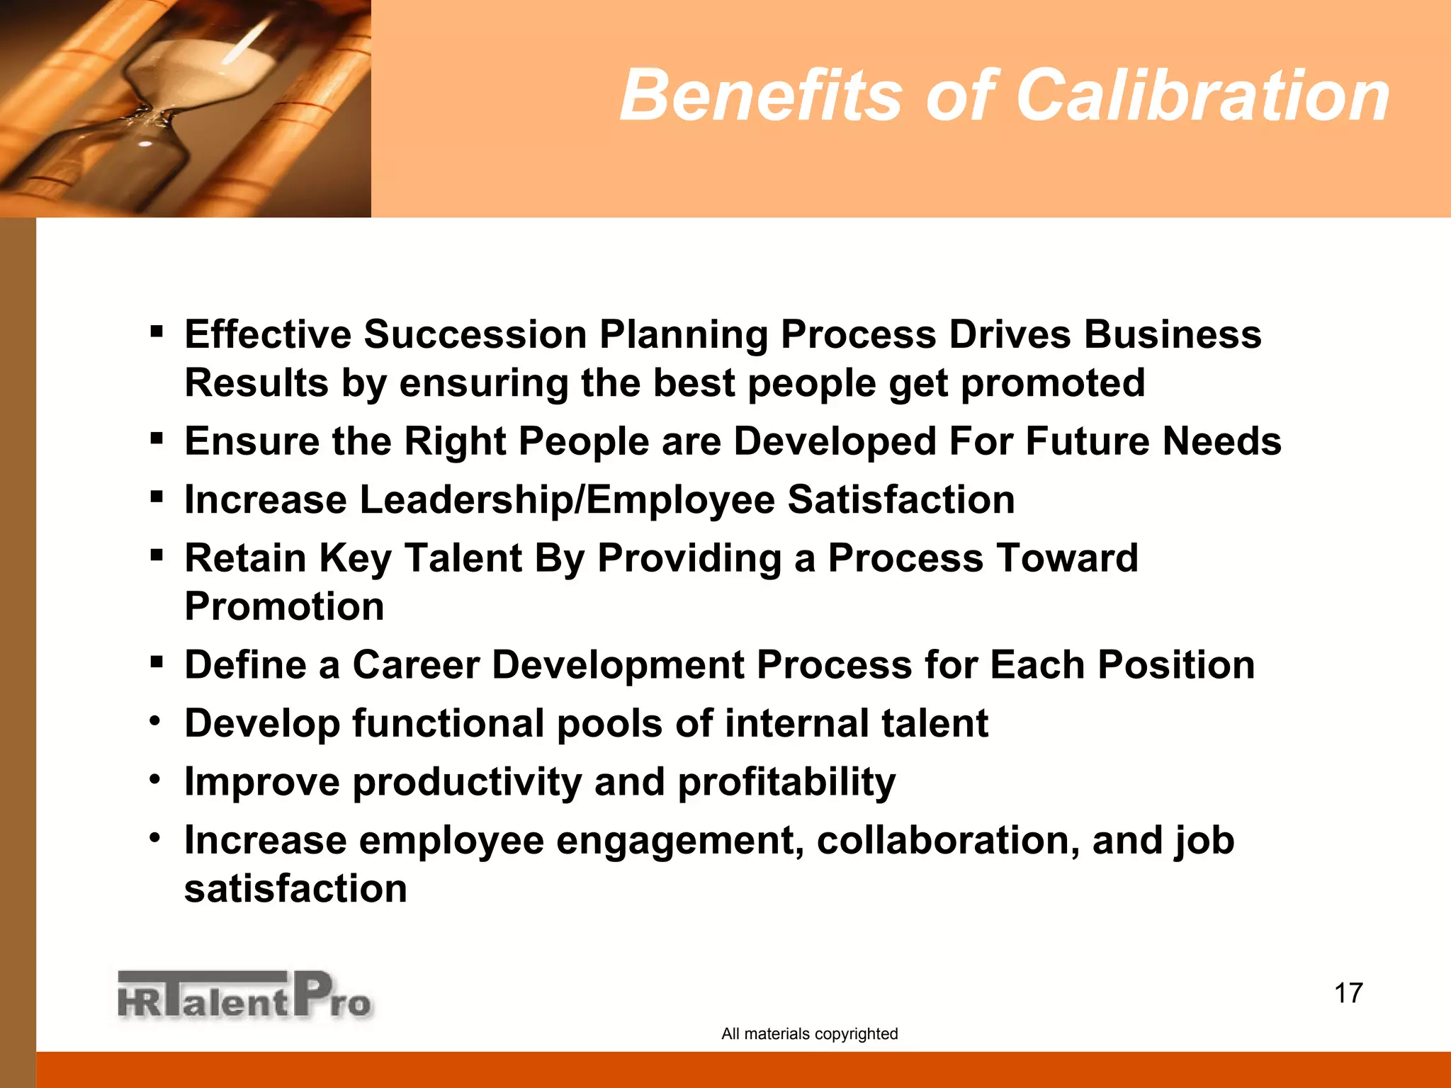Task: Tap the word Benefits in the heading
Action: (x=762, y=96)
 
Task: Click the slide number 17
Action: (x=1348, y=993)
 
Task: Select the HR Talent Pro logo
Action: (x=244, y=996)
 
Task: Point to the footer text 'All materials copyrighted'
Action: (x=809, y=1033)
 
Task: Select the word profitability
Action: (x=786, y=782)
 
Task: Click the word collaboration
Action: (x=948, y=840)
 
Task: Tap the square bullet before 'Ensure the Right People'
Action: (x=157, y=438)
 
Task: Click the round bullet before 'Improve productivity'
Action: (x=155, y=780)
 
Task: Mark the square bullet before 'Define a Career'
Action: (x=157, y=662)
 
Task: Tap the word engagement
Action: (x=679, y=840)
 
